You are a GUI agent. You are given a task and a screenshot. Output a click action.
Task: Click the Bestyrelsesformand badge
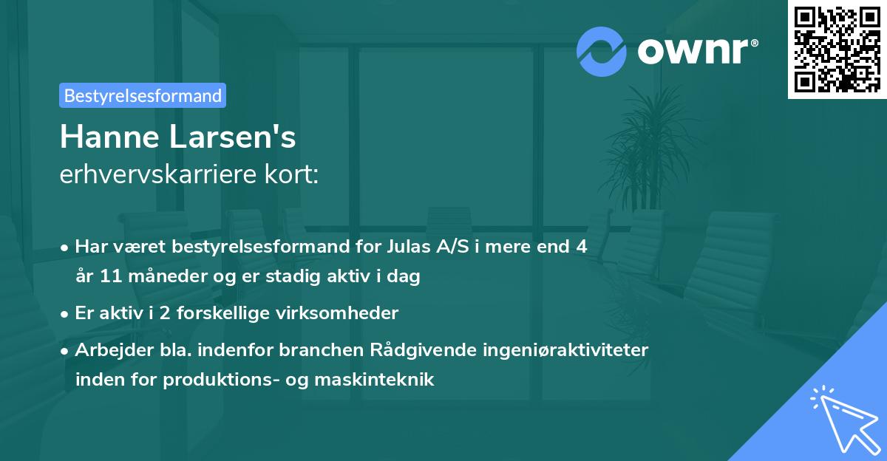(x=143, y=95)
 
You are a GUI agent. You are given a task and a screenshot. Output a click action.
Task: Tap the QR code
(x=837, y=49)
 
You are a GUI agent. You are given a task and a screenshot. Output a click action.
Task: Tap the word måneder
(x=162, y=277)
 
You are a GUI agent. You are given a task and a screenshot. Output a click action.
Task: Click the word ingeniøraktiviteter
(x=571, y=349)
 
